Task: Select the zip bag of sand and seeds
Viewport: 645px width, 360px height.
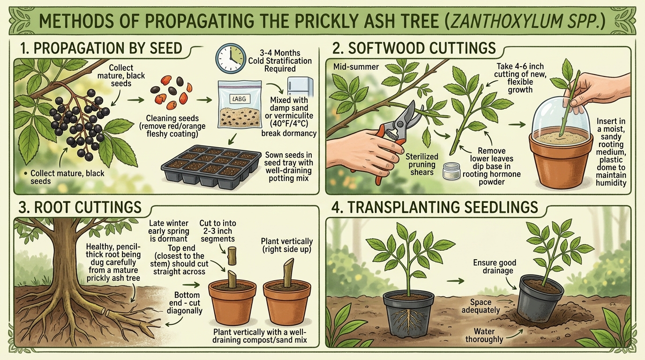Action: (x=240, y=104)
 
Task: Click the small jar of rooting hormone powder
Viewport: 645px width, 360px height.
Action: (x=451, y=172)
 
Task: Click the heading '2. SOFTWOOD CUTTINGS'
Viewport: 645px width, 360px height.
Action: (x=414, y=48)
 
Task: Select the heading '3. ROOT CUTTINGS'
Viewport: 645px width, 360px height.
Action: (x=80, y=207)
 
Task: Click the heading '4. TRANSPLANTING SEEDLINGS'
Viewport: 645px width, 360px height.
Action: (x=435, y=207)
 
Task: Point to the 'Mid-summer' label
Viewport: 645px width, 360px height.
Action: (x=356, y=67)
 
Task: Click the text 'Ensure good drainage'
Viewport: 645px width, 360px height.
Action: (x=495, y=266)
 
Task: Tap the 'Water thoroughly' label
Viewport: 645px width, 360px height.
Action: (x=484, y=335)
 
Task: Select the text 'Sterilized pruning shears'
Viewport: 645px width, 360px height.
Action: (x=422, y=165)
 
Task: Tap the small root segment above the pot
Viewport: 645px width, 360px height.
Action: (x=232, y=256)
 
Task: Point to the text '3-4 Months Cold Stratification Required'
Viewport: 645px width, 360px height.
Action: (x=280, y=61)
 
